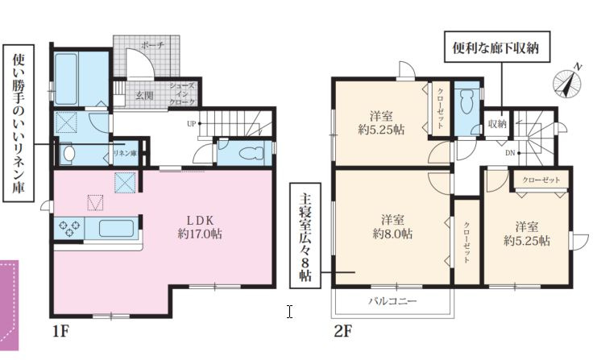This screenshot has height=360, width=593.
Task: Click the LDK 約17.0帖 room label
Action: (x=200, y=227)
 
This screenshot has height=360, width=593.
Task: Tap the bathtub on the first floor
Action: (x=67, y=79)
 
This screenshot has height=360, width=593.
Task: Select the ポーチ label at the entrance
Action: (x=152, y=45)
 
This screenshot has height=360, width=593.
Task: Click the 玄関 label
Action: (x=144, y=96)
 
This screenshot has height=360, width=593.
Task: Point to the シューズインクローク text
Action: (x=182, y=93)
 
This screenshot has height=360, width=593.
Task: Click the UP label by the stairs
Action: (x=192, y=124)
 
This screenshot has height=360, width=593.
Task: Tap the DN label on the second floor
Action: (x=510, y=153)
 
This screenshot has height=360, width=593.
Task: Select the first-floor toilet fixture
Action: (x=251, y=153)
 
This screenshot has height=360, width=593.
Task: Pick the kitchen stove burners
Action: (x=70, y=228)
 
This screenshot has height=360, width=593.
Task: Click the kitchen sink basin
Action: (x=117, y=228)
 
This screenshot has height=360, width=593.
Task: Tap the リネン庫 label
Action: (x=125, y=153)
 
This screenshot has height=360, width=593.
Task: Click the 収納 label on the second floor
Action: (x=497, y=123)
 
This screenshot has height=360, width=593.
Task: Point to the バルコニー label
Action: (x=392, y=301)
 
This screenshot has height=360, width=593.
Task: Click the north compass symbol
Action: (x=568, y=82)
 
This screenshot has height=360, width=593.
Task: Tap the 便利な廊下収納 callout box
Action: (x=496, y=47)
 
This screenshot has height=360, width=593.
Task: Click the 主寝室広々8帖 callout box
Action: (x=305, y=236)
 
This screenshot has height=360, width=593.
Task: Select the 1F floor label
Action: (x=60, y=331)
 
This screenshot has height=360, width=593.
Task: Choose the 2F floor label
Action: (x=342, y=331)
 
